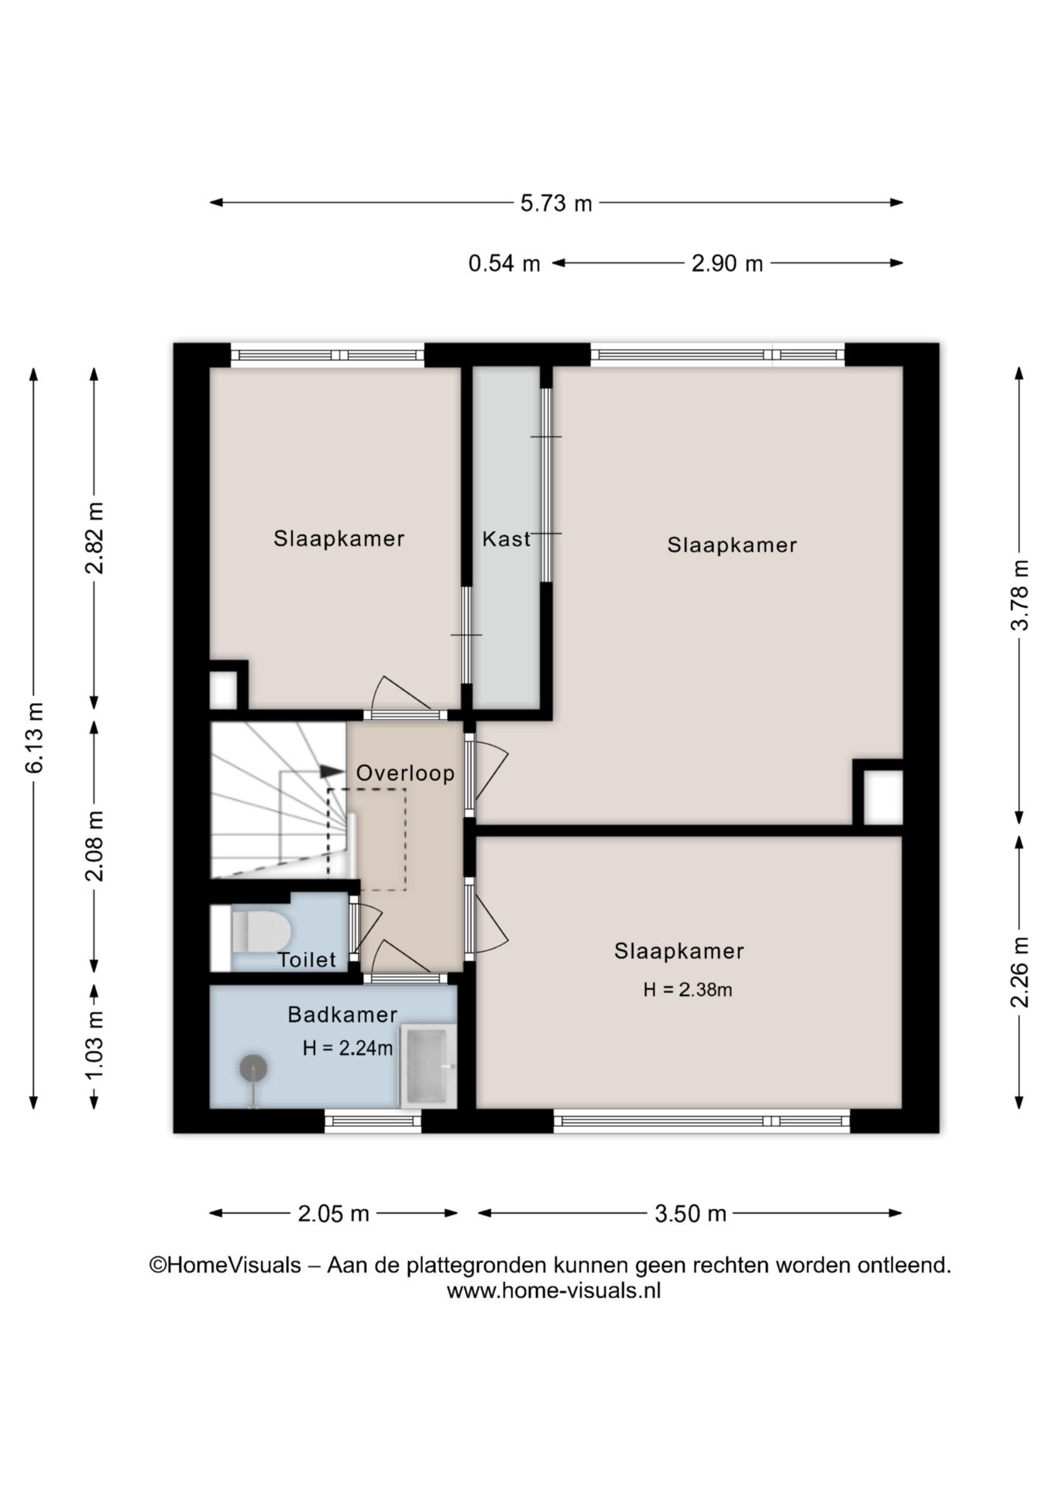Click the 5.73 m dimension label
(555, 204)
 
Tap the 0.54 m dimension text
(504, 263)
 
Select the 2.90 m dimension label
(727, 263)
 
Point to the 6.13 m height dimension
(35, 737)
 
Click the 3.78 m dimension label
(1020, 595)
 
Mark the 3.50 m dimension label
(690, 1214)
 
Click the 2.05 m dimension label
(333, 1214)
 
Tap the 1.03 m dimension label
(95, 1046)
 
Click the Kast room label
(507, 539)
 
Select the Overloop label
(405, 774)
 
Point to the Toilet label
(308, 960)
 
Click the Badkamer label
(342, 1015)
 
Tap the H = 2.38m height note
(688, 990)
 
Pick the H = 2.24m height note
(348, 1049)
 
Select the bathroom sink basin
(428, 1066)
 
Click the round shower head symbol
(253, 1070)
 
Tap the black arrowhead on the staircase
(332, 771)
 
